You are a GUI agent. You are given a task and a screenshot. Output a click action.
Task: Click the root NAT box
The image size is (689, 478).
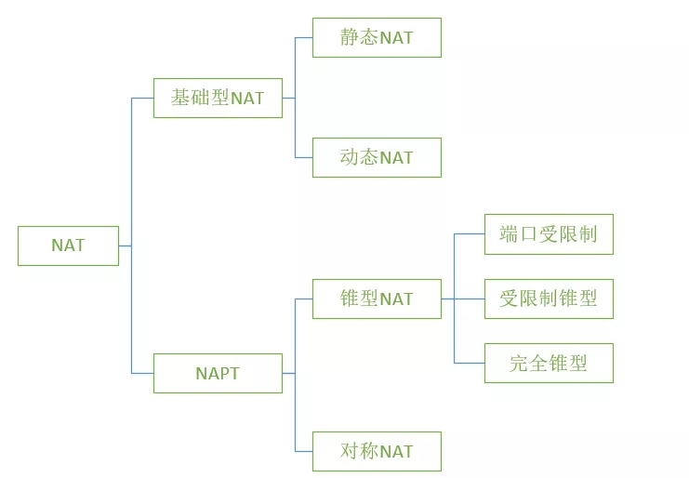tap(68, 246)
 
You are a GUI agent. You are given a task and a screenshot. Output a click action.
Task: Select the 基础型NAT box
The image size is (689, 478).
tap(218, 98)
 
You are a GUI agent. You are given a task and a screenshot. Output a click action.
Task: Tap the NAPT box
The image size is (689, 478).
tap(218, 373)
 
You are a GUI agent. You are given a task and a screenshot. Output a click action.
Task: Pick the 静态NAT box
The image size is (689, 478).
tap(377, 38)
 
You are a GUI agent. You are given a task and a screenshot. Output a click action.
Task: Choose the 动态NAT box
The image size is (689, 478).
tap(377, 157)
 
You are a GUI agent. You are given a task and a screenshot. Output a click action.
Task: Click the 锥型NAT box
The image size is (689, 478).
tap(377, 299)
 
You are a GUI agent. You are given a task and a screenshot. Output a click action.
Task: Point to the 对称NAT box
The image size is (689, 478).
tap(377, 451)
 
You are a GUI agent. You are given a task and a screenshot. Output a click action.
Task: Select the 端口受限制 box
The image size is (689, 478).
tap(549, 233)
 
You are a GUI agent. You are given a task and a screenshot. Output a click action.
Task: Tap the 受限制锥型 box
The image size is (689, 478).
tap(549, 299)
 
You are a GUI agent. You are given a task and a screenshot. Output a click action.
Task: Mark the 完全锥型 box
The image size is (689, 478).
tap(549, 363)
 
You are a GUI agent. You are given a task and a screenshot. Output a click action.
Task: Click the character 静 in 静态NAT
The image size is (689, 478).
tap(350, 38)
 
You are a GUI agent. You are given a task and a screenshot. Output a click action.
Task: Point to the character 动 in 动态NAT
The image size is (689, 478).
tap(350, 157)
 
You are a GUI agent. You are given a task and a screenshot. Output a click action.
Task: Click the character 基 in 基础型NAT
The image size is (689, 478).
tap(180, 98)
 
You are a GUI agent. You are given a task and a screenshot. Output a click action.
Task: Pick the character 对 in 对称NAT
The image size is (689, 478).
tap(350, 451)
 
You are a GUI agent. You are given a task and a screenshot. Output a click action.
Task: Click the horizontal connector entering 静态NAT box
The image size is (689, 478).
tap(304, 38)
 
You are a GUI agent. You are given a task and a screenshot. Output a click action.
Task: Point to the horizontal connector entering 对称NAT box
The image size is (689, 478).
tap(304, 451)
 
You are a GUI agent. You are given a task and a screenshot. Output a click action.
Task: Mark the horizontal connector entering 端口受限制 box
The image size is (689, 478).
tap(470, 233)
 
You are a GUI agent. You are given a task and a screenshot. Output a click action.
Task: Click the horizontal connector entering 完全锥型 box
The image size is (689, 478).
tap(470, 363)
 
